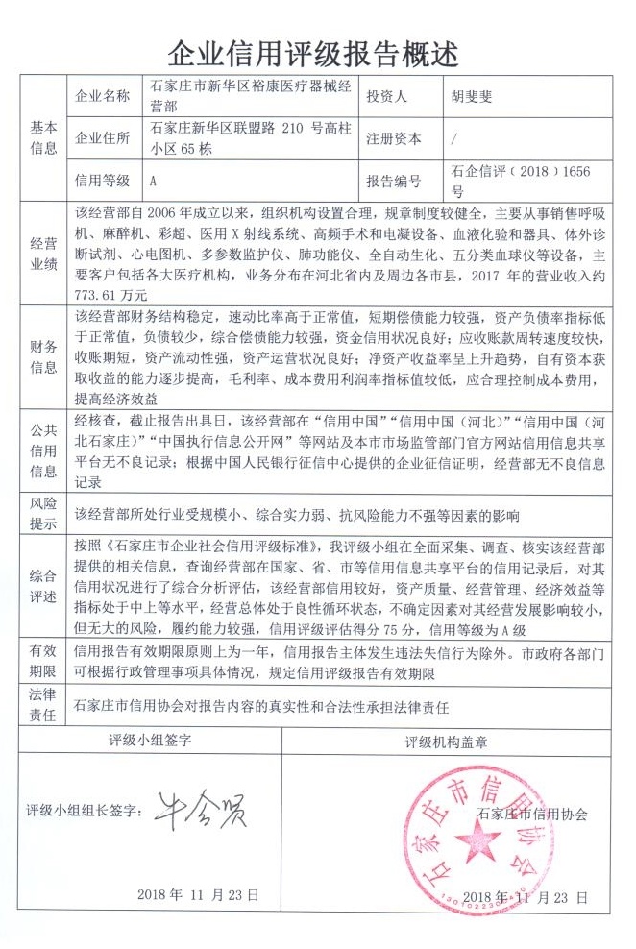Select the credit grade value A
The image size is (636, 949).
coord(155,180)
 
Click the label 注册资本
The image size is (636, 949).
coord(394,137)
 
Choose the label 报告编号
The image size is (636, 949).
coord(394,180)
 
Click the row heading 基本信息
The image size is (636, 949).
coord(44,137)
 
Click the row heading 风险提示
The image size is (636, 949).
coord(44,513)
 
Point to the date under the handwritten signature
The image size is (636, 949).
coord(197,893)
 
